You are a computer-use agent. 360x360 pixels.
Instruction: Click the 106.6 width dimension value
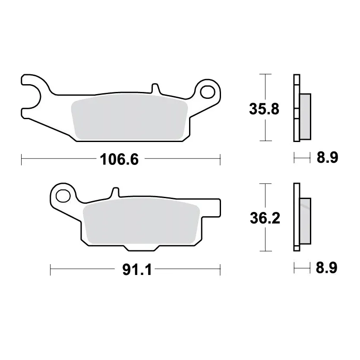(119, 159)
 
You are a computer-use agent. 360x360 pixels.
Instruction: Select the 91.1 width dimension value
(137, 269)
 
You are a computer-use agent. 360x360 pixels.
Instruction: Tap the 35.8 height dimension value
(264, 109)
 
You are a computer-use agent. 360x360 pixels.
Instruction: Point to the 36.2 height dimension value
(265, 218)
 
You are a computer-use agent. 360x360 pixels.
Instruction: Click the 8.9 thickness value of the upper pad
(327, 158)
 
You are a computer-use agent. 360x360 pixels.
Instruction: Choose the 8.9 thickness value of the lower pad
(326, 268)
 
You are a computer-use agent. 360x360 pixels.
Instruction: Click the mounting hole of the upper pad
(208, 92)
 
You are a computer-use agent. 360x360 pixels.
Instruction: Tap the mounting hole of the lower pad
(63, 196)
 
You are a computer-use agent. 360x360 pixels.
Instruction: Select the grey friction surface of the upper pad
(129, 117)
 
